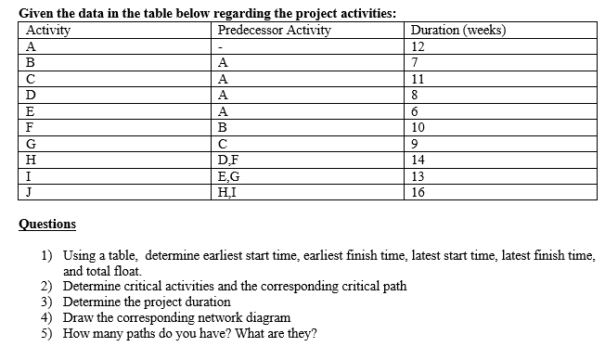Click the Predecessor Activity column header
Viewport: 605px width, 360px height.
point(275,30)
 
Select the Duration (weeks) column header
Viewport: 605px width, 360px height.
point(458,30)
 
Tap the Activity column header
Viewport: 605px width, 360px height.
point(48,30)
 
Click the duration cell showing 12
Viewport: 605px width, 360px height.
point(418,45)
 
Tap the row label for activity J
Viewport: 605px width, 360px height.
point(30,191)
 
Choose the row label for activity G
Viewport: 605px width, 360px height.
point(32,143)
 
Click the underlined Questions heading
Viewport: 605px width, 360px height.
point(48,224)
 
